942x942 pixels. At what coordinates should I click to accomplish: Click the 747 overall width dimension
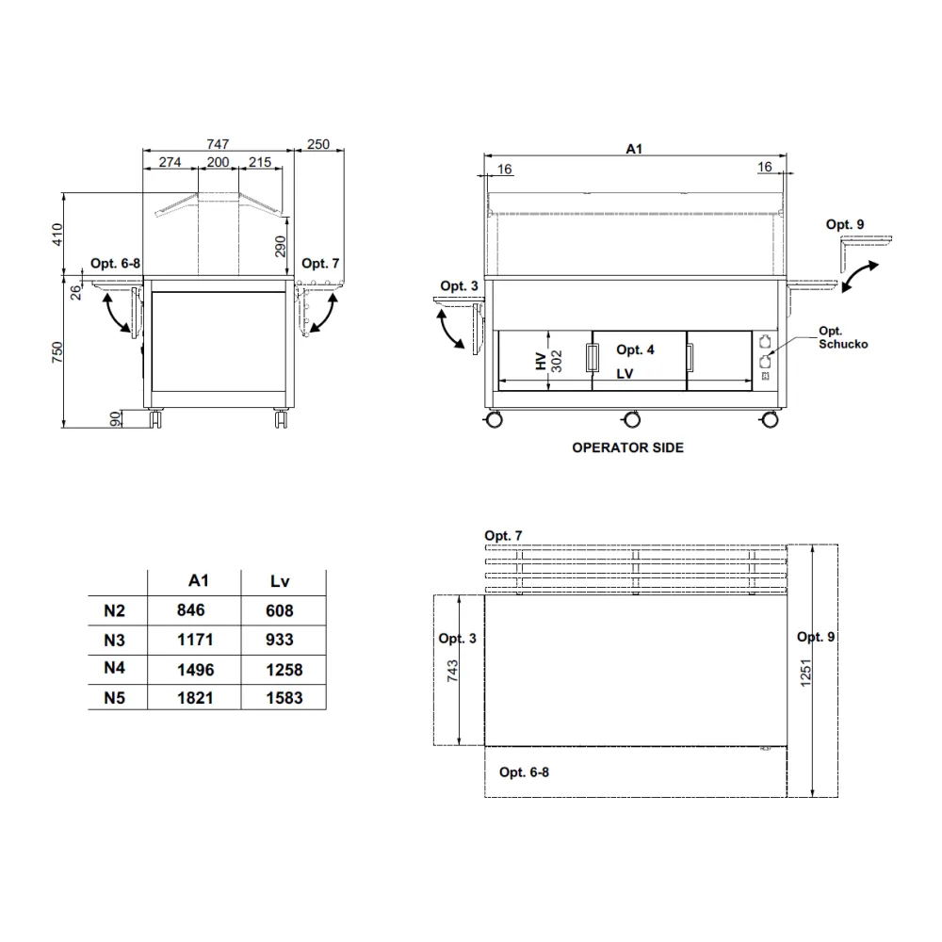tap(218, 144)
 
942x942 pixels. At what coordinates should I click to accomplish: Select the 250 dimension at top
tap(318, 144)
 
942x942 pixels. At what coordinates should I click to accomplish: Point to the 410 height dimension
tap(57, 235)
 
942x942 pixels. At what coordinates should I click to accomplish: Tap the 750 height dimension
tap(57, 351)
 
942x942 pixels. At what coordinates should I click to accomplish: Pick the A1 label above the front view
tap(634, 148)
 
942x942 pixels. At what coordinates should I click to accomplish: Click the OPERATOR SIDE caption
tap(627, 447)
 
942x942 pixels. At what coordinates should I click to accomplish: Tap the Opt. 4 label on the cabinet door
tap(636, 350)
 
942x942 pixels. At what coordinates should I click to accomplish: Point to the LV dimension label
tap(625, 374)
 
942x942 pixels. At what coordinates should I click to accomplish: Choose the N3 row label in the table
tap(114, 640)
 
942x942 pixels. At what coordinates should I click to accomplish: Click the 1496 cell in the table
tap(195, 670)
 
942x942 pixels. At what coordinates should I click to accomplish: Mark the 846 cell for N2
tap(190, 610)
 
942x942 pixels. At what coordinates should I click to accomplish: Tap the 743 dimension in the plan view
tap(453, 671)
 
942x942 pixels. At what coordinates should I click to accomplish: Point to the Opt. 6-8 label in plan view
tap(525, 772)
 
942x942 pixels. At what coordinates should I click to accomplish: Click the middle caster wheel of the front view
tap(632, 418)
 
